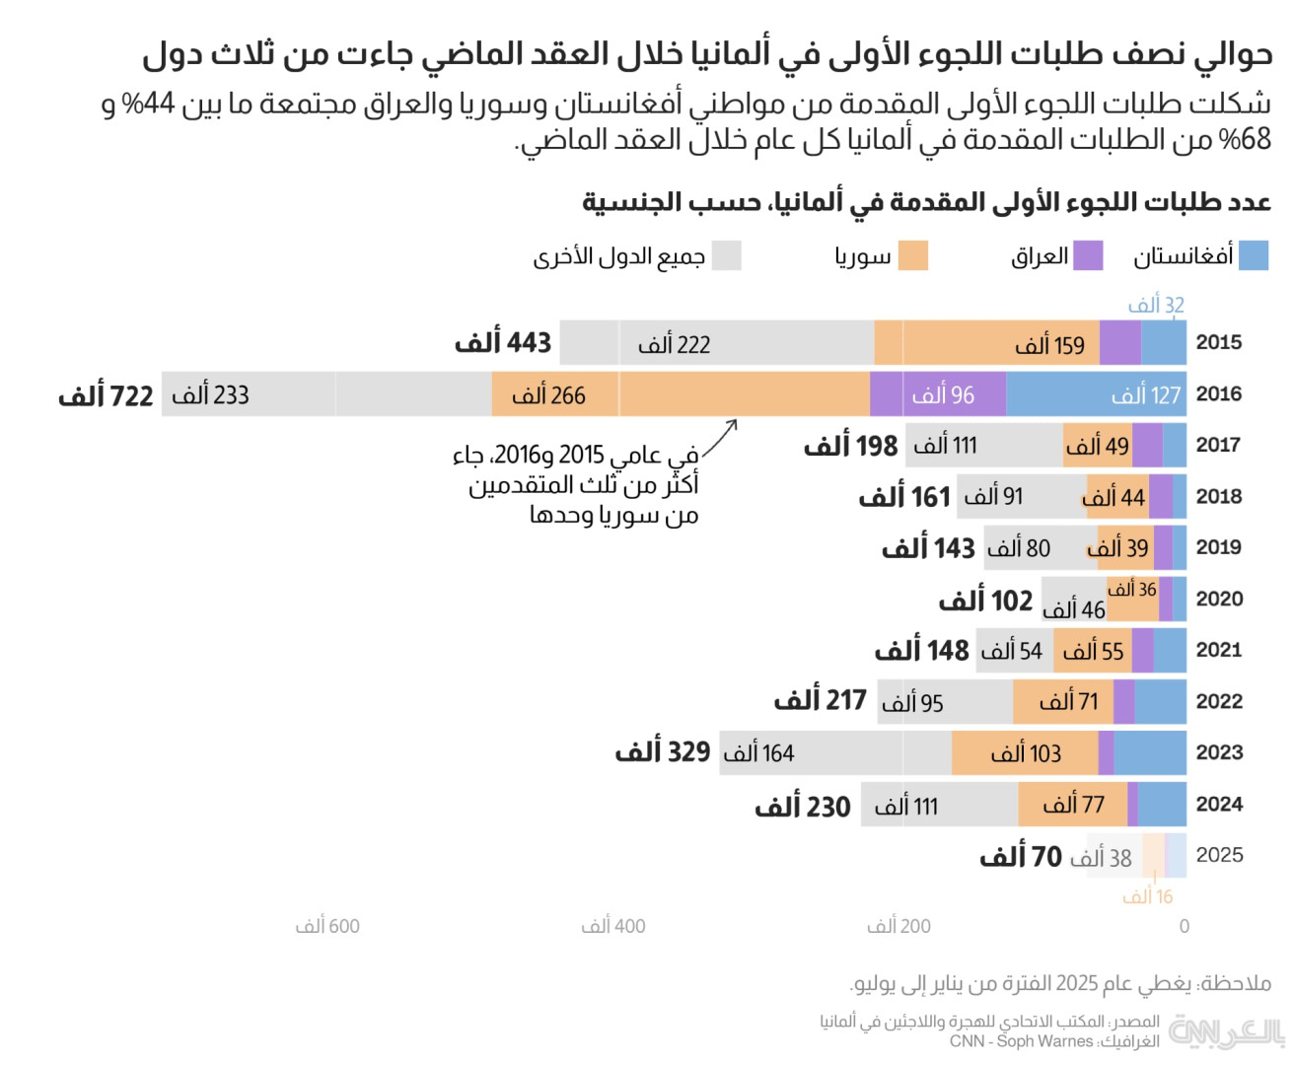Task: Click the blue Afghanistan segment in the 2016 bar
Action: (x=1095, y=394)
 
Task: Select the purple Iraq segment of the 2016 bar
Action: (x=937, y=394)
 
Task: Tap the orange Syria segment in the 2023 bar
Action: (x=1025, y=753)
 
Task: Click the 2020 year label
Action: (x=1219, y=599)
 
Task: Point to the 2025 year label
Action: (x=1219, y=855)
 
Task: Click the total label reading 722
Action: (x=107, y=396)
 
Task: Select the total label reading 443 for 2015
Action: (x=503, y=343)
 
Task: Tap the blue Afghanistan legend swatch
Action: (x=1253, y=255)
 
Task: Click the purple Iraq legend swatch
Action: (x=1087, y=255)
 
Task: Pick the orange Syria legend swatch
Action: (x=913, y=255)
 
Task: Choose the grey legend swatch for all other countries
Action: (x=726, y=255)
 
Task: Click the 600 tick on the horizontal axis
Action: (x=327, y=926)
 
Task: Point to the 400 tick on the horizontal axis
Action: (x=613, y=926)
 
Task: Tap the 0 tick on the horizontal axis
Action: (x=1185, y=926)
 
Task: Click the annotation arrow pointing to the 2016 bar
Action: (x=721, y=439)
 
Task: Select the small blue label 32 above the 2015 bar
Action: (x=1156, y=305)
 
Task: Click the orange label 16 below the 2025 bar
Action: (x=1148, y=896)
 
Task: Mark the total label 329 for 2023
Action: (x=663, y=752)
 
